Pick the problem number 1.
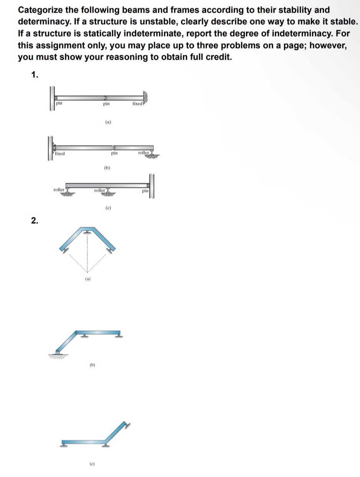coord(35,75)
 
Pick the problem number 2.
coord(35,220)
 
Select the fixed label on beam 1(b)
coord(60,153)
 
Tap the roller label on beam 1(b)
coord(144,153)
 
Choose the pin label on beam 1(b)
coord(114,153)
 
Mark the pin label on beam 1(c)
coord(145,190)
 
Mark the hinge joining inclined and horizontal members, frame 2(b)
coord(77,331)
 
